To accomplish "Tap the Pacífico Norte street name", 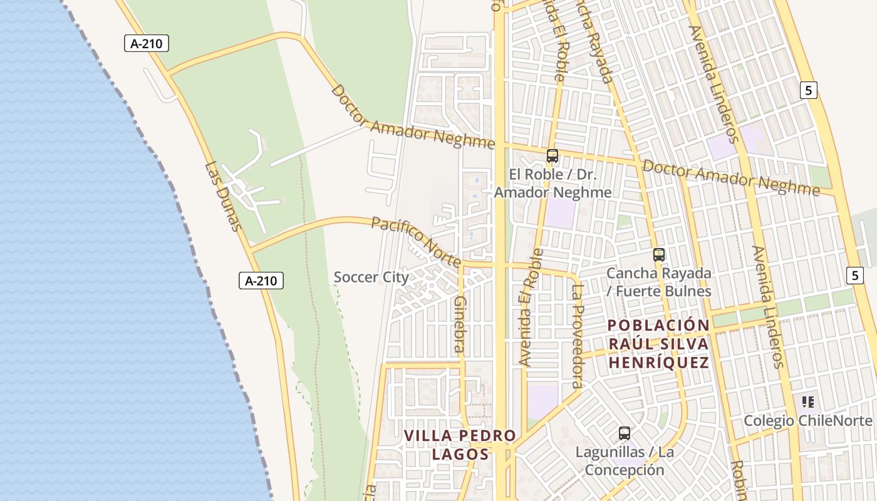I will [x=417, y=242].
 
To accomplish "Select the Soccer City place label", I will [x=371, y=277].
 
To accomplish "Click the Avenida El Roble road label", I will [x=531, y=307].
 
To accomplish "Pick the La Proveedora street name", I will [x=577, y=336].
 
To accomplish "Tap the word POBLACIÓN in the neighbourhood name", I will [x=658, y=326].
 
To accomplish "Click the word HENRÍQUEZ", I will [x=658, y=363].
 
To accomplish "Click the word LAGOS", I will [x=460, y=454].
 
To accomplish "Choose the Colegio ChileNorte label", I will [x=807, y=421].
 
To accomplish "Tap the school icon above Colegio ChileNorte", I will [x=807, y=401].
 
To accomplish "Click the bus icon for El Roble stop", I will [x=552, y=156].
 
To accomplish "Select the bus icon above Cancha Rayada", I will [x=658, y=254].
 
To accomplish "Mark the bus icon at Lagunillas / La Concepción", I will [x=624, y=433].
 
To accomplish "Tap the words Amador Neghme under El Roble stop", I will [x=553, y=192].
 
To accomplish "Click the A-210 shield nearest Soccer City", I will [x=261, y=281].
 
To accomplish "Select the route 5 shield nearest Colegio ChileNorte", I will [x=854, y=274].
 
